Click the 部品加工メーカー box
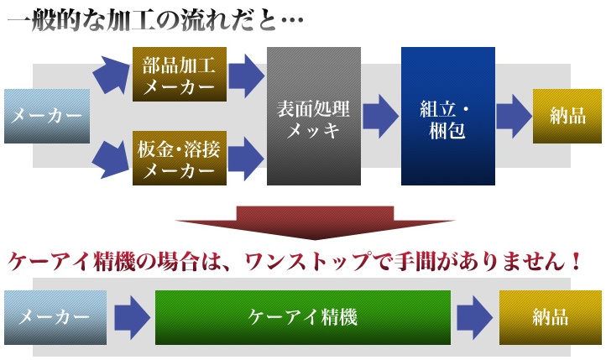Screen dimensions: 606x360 pyautogui.click(x=180, y=74)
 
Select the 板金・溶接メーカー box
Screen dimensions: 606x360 pyautogui.click(x=180, y=158)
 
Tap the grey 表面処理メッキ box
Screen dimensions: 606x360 pyautogui.click(x=314, y=117)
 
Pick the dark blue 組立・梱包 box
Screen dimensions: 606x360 pyautogui.click(x=448, y=117)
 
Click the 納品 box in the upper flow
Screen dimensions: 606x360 pyautogui.click(x=567, y=117)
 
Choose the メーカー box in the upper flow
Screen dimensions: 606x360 pyautogui.click(x=47, y=117)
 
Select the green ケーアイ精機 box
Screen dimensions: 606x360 pyautogui.click(x=303, y=317)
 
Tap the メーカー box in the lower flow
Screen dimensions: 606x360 pyautogui.click(x=55, y=317)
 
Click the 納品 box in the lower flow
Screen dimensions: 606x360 pyautogui.click(x=551, y=317)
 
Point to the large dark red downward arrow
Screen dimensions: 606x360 pyautogui.click(x=315, y=223)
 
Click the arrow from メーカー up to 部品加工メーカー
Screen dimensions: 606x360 pyautogui.click(x=111, y=75)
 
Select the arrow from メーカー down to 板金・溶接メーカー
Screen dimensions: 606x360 pyautogui.click(x=111, y=159)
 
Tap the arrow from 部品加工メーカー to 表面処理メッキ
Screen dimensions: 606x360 pyautogui.click(x=247, y=76)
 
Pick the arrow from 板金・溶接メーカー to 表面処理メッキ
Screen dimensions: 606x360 pyautogui.click(x=247, y=159)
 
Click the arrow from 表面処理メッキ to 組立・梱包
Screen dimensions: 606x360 pyautogui.click(x=381, y=117)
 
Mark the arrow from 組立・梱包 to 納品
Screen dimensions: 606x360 pyautogui.click(x=515, y=117)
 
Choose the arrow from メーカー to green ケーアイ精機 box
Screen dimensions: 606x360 pyautogui.click(x=133, y=317)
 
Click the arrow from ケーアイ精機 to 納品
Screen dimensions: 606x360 pyautogui.click(x=475, y=317)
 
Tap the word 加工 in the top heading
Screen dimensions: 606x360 pyautogui.click(x=131, y=20)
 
